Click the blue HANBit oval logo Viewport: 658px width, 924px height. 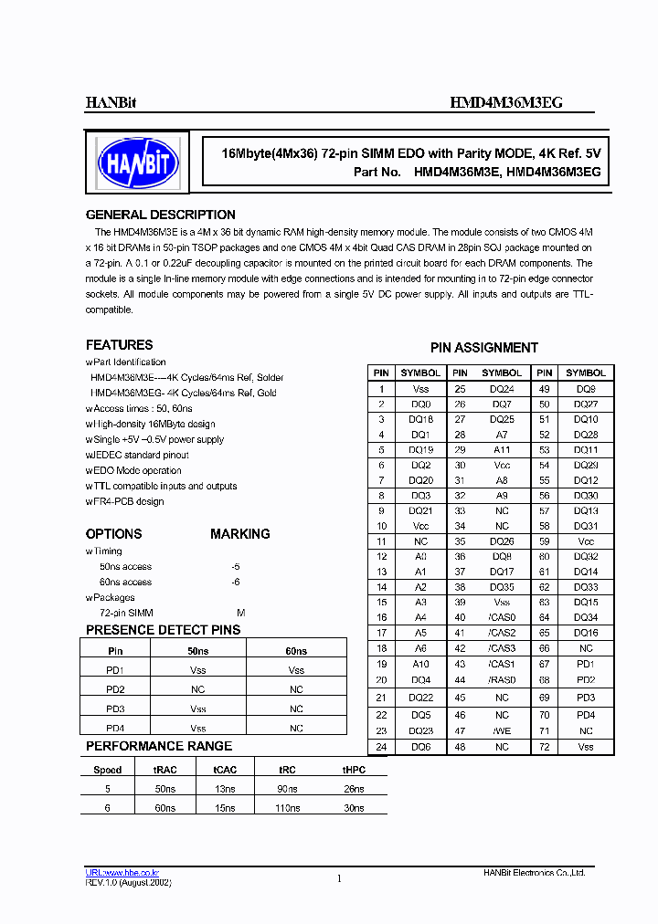point(138,163)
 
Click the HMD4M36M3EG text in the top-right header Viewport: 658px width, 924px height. point(506,103)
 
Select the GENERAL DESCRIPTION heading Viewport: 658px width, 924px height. point(160,215)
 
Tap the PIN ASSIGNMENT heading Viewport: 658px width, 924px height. point(483,348)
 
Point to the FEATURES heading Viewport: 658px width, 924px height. point(119,345)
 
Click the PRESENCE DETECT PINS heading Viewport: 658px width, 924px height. point(163,630)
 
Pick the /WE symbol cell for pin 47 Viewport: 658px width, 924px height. point(502,731)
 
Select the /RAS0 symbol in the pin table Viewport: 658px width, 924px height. point(502,679)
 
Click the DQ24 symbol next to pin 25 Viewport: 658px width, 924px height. point(502,388)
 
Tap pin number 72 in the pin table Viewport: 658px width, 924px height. point(544,747)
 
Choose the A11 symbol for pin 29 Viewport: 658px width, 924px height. point(502,450)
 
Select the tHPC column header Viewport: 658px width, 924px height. point(354,770)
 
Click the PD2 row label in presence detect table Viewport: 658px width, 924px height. point(115,689)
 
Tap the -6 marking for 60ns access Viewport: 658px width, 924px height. point(236,582)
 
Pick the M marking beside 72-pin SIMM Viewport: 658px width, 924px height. point(241,613)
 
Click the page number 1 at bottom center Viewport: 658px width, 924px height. point(339,878)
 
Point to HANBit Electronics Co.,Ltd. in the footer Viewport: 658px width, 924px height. point(534,874)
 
